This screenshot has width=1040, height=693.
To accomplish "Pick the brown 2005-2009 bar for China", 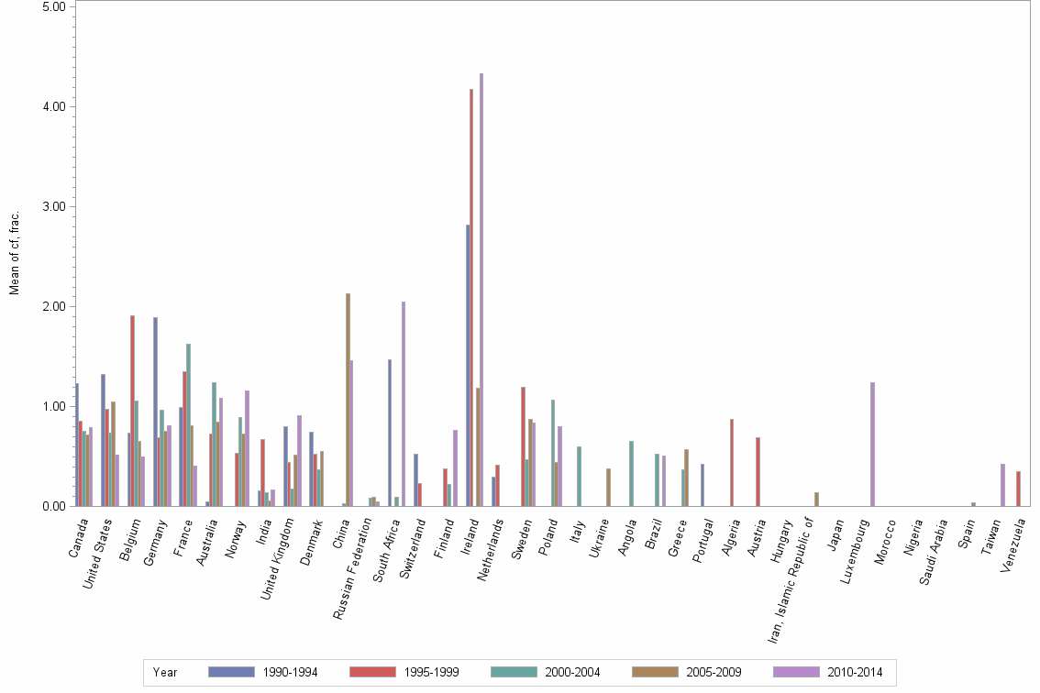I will (348, 400).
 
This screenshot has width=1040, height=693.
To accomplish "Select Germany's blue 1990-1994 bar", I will (155, 412).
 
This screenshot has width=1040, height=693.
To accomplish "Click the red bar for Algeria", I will (732, 462).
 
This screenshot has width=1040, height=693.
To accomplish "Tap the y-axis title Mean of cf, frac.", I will (14, 252).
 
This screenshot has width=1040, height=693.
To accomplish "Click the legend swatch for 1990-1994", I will (231, 672).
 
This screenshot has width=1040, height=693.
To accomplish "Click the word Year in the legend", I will (165, 672).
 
